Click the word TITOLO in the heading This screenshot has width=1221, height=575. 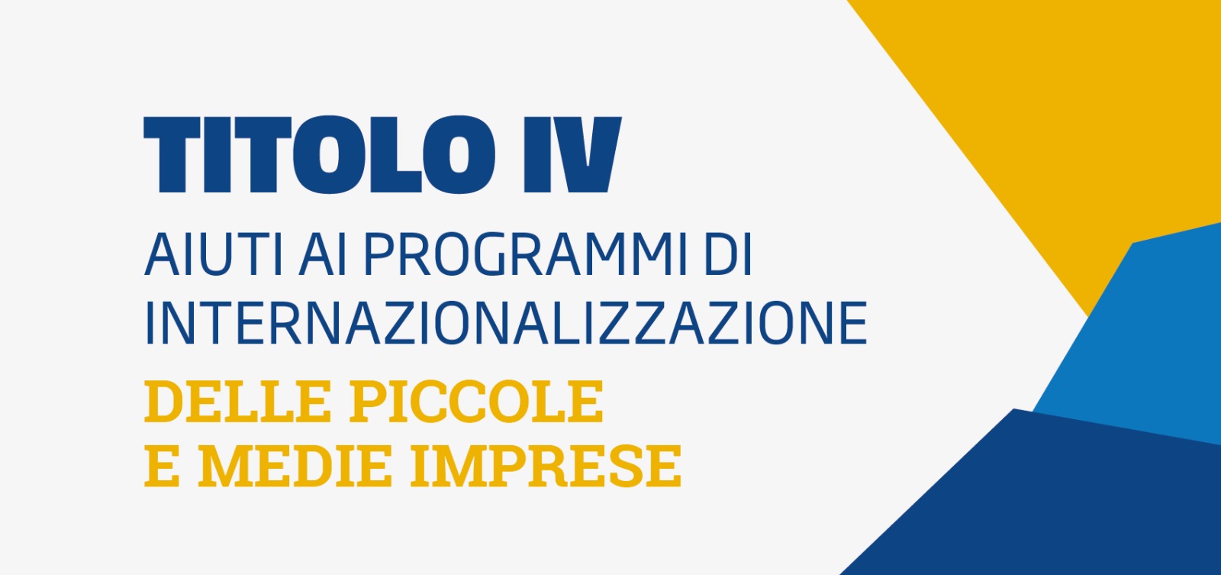320,154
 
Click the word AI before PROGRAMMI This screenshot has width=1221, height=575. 323,255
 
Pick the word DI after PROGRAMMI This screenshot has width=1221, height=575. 728,255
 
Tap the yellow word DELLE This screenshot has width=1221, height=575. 237,402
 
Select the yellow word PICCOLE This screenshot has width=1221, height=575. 476,402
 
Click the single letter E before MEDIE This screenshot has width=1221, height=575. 162,466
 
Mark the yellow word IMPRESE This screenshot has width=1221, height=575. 546,466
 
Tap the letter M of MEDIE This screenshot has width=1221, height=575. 224,466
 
